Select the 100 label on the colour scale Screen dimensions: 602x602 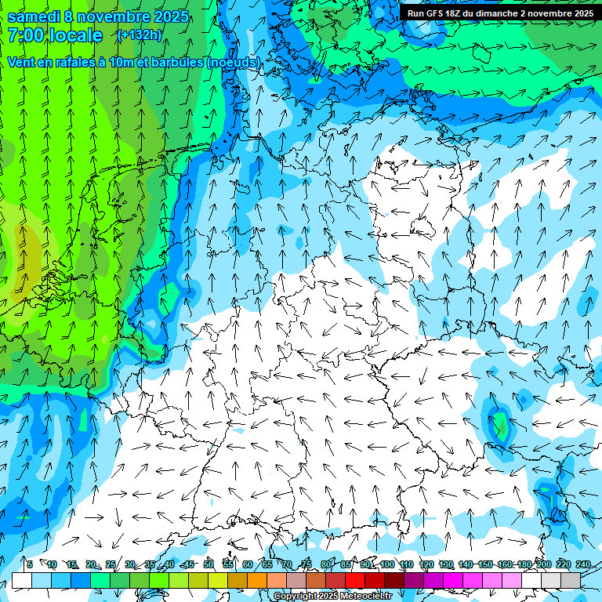(x=386, y=564)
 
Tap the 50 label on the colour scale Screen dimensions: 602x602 (x=209, y=564)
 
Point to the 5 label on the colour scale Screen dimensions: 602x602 (x=30, y=564)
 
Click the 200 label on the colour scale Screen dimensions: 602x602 (x=543, y=564)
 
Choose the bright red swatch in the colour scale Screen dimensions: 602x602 (x=355, y=580)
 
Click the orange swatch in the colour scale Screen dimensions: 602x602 (x=257, y=580)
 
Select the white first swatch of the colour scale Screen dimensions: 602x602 (x=22, y=580)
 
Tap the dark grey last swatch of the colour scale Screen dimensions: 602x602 (x=571, y=580)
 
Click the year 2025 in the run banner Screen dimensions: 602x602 (x=578, y=13)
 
